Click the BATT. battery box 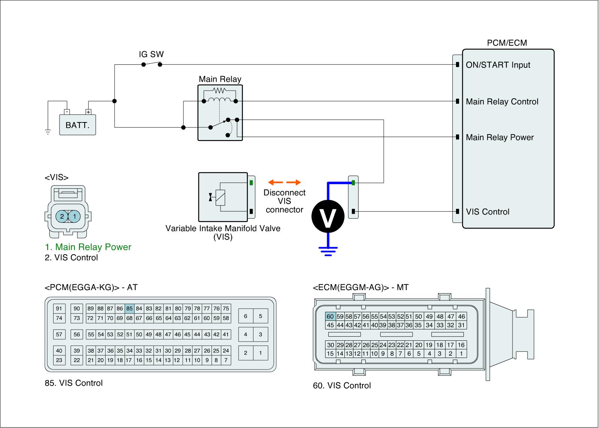point(77,125)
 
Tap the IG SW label point(151,54)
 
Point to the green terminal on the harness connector point(353,183)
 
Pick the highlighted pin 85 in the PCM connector point(130,309)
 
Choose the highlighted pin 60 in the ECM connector point(330,316)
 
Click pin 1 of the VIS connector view point(75,216)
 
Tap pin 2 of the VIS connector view point(62,216)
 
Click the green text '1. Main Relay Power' point(88,247)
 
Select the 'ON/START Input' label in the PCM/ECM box point(498,65)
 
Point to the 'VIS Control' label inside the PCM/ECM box point(487,212)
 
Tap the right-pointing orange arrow point(294,182)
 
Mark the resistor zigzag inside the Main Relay point(219,90)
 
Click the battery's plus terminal point(88,112)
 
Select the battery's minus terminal point(67,112)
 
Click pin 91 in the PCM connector point(59,309)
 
